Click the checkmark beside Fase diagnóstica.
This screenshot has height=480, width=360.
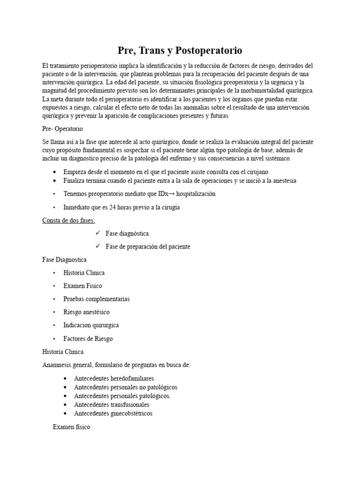tap(98, 233)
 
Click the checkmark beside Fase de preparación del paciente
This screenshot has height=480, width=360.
tap(98, 246)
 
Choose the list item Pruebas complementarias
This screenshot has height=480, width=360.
tap(97, 299)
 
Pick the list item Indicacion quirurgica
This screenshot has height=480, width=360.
tap(91, 325)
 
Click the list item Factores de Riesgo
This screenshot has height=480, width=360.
tap(88, 338)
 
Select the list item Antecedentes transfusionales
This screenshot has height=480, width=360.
tap(112, 404)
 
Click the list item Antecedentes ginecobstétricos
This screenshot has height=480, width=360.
tap(113, 413)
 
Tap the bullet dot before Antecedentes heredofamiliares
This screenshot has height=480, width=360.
tap(65, 378)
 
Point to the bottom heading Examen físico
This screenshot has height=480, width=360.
tap(71, 427)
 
